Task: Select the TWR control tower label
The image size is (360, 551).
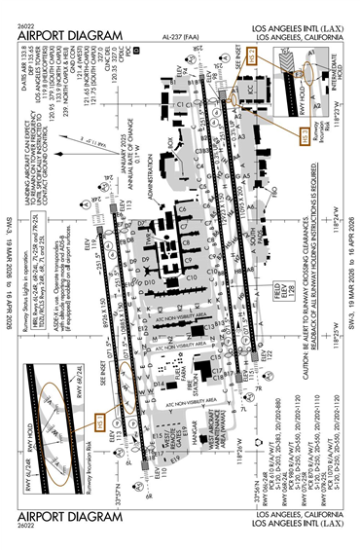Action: [x=143, y=246]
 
